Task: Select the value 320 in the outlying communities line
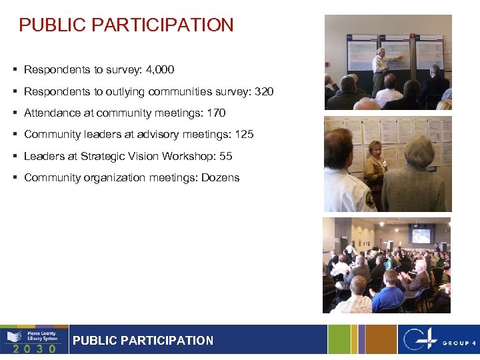point(264,91)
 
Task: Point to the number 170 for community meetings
point(216,113)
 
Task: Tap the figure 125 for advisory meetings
point(244,134)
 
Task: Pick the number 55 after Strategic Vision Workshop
point(225,156)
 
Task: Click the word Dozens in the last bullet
point(221,177)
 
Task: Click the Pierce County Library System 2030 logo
point(34,339)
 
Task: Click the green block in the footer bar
point(338,339)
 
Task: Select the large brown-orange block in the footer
point(379,339)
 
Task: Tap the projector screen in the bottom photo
point(421,235)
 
